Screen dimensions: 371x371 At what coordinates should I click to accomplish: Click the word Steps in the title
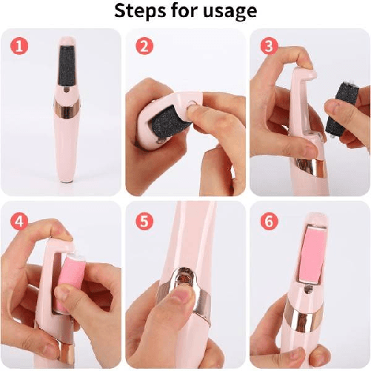click(136, 11)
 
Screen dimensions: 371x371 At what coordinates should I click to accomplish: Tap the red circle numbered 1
click(19, 46)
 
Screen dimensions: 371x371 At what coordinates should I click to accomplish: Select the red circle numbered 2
click(144, 46)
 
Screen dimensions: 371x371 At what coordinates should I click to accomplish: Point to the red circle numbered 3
click(270, 46)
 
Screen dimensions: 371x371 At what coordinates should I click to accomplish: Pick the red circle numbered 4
click(19, 221)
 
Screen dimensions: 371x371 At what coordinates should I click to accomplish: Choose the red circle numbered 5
click(144, 221)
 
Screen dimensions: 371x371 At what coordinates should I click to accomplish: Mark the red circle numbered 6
click(270, 221)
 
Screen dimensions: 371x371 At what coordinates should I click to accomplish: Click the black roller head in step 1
click(67, 64)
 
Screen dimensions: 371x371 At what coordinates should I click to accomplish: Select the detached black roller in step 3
click(337, 109)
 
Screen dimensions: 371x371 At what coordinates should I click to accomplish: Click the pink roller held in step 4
click(70, 281)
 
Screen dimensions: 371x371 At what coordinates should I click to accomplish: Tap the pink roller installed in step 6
click(312, 255)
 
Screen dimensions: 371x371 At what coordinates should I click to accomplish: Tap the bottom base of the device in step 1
click(67, 181)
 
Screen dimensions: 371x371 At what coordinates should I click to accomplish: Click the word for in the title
click(181, 11)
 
